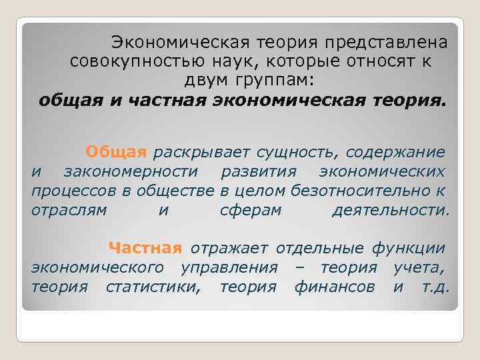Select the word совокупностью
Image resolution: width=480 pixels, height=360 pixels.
click(x=129, y=62)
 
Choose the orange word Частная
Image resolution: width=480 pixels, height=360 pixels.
click(x=145, y=249)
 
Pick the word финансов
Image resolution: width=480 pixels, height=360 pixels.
click(x=335, y=287)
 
